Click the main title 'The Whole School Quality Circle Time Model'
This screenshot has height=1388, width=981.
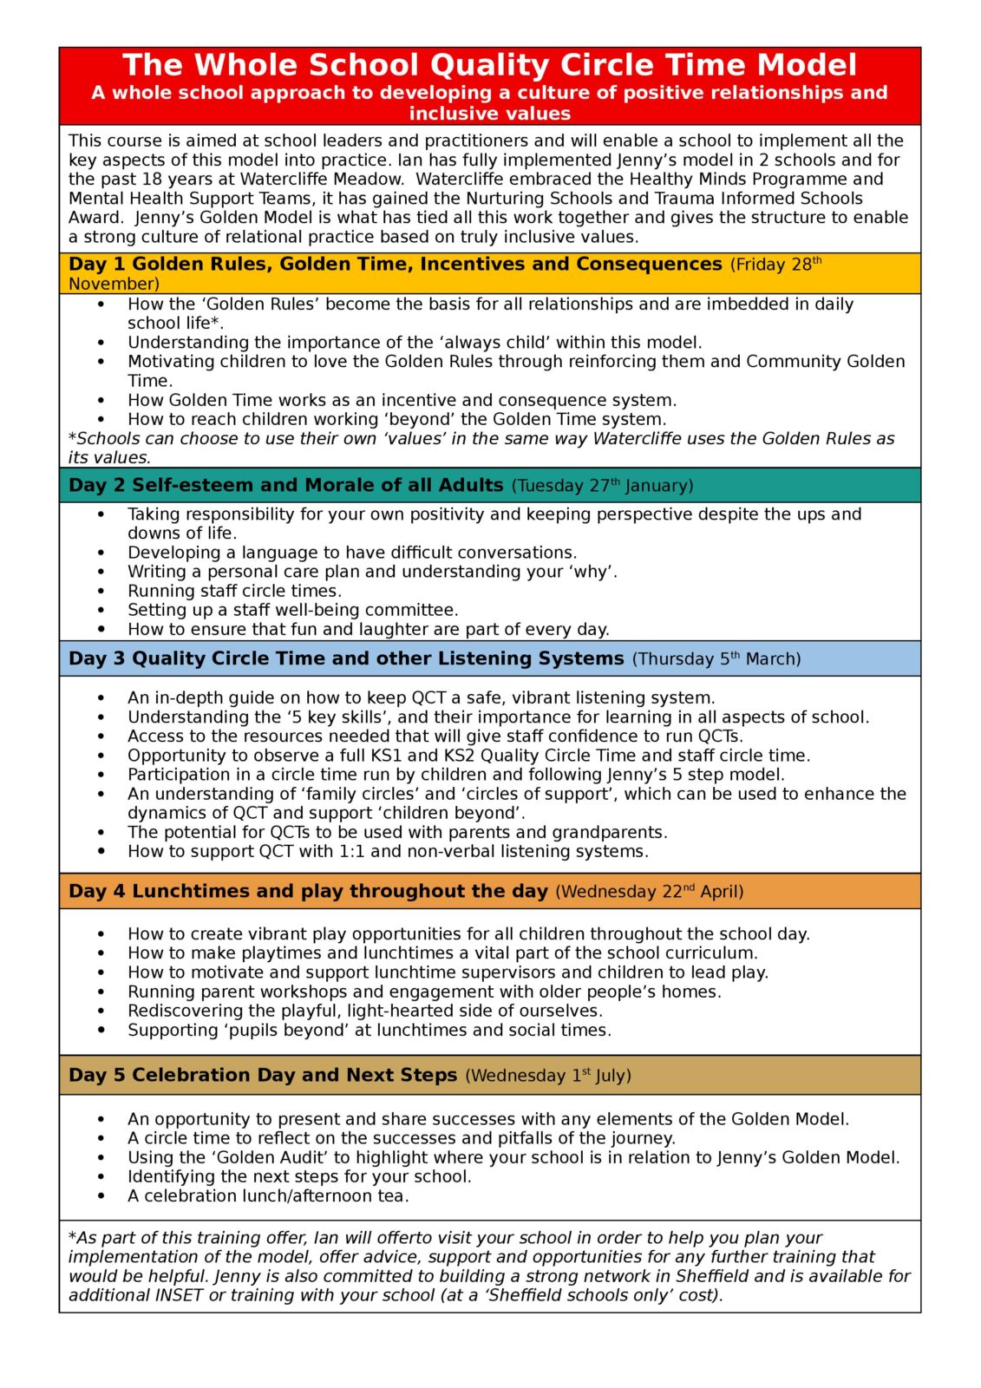489,65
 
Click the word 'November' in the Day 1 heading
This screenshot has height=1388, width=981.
111,284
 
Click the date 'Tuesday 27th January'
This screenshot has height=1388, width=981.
603,486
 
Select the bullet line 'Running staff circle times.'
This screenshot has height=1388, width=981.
234,591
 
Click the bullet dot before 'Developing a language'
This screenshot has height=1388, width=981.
101,553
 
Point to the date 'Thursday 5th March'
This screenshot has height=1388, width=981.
716,659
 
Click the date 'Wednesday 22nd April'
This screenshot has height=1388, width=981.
649,892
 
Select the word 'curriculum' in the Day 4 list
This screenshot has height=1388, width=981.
710,953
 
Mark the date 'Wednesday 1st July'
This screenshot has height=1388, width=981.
548,1076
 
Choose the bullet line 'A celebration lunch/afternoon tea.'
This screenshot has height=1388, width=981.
268,1196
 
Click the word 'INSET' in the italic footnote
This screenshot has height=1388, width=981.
178,1296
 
